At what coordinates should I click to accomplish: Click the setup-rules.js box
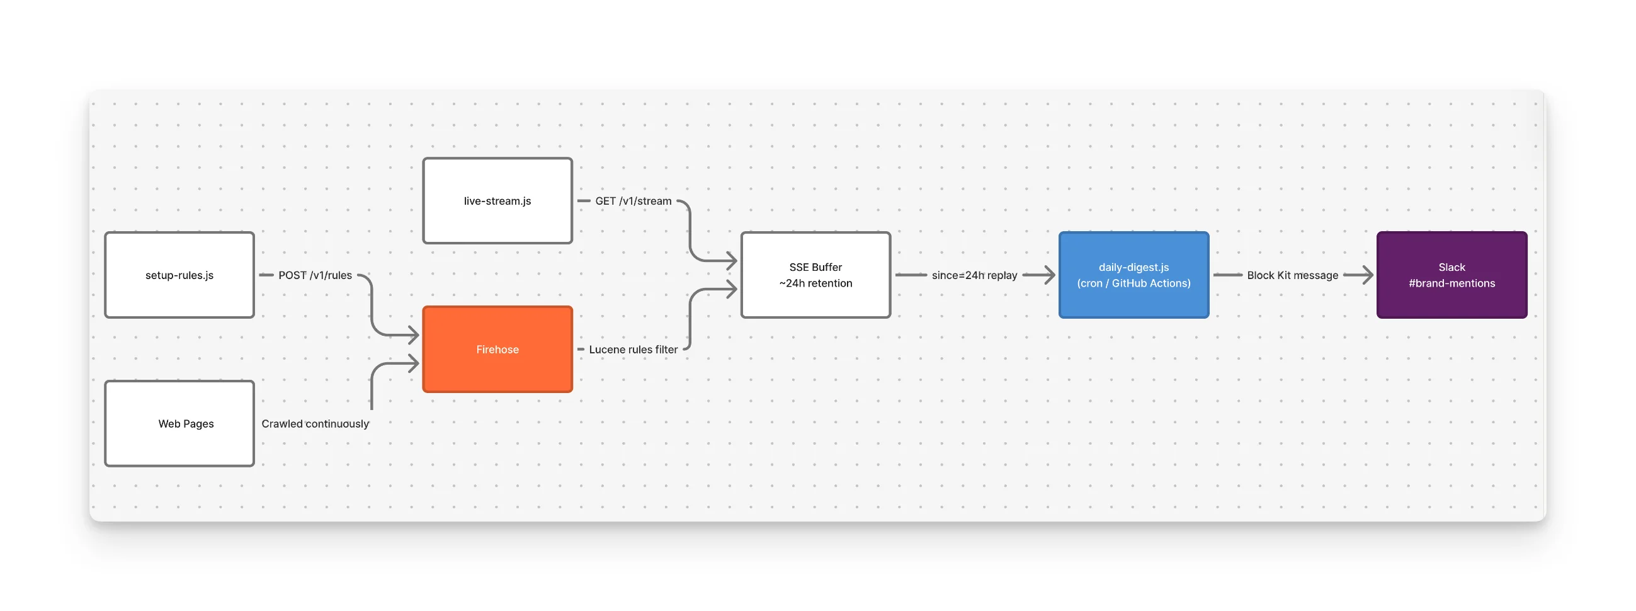tap(179, 275)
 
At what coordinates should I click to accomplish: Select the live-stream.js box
tap(497, 201)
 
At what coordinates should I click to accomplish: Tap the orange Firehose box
tap(497, 349)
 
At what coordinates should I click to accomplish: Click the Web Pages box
tap(179, 423)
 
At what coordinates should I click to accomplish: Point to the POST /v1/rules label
tap(315, 275)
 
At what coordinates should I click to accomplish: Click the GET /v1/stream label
tap(633, 201)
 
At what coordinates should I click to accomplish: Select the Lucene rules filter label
tap(633, 350)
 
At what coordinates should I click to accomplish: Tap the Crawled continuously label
tap(315, 424)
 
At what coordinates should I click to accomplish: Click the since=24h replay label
tap(974, 275)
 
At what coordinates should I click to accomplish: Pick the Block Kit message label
tap(1292, 275)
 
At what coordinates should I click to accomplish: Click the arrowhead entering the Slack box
tap(1367, 275)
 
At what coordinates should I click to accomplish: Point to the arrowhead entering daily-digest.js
tap(1049, 275)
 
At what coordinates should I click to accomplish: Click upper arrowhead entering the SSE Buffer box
tap(732, 260)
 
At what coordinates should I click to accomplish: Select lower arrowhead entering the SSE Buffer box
tap(732, 290)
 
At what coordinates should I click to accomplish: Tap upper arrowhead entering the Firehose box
tap(414, 334)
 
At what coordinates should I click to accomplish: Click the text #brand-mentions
tap(1451, 283)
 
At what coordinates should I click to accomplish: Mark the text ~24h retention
tap(815, 283)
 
